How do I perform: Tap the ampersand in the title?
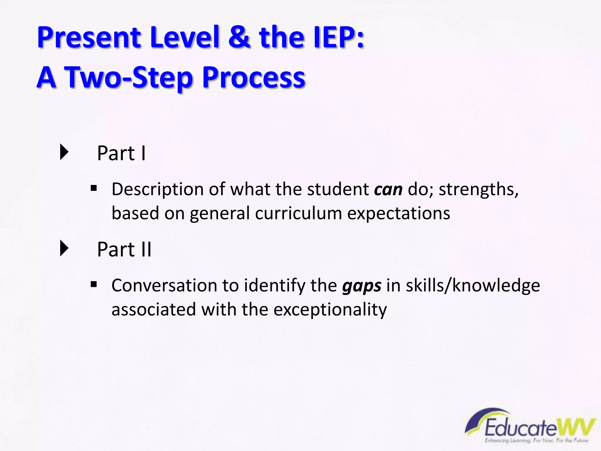(239, 37)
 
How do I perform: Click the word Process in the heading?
(254, 77)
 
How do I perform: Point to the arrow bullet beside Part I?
(64, 152)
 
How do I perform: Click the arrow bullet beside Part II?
(64, 248)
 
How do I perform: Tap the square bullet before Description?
(94, 188)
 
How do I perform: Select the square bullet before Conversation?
(94, 284)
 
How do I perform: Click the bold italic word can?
(388, 189)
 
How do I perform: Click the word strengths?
(479, 189)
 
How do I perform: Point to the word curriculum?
(298, 213)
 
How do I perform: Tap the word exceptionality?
(330, 310)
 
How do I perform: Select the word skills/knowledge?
(472, 285)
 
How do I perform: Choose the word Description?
(158, 189)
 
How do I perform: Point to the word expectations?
(399, 214)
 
